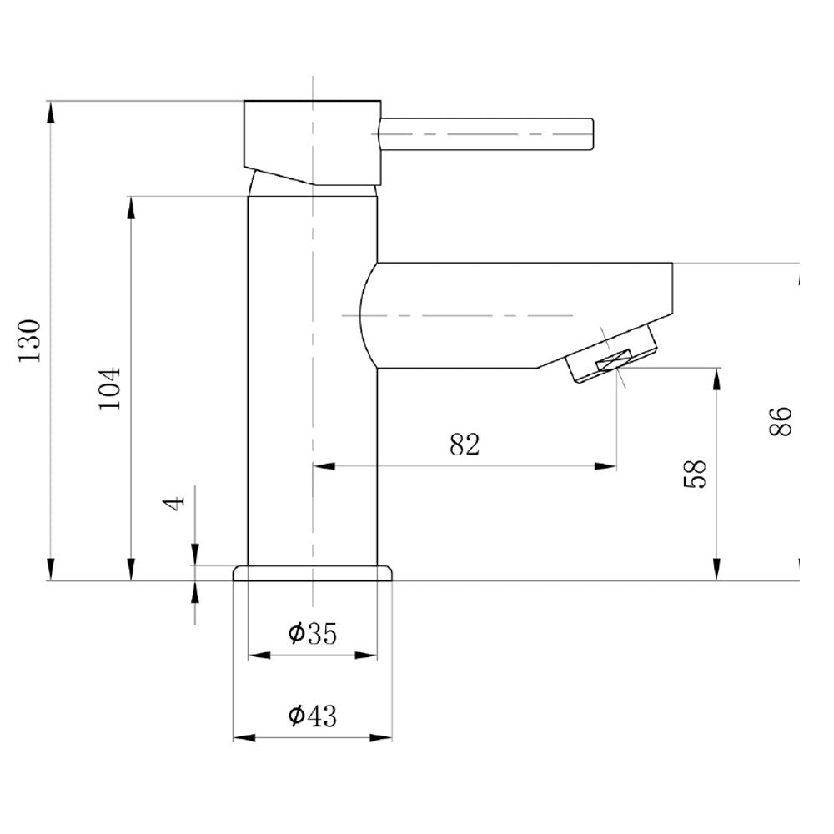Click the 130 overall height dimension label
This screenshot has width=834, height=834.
[30, 341]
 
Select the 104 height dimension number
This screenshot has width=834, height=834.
[110, 389]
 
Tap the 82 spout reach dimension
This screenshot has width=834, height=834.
[465, 445]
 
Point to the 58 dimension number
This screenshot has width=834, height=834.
[694, 474]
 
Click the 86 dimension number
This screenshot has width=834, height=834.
[781, 421]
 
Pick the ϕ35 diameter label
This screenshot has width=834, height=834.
[313, 633]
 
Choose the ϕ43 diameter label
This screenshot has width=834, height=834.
[313, 716]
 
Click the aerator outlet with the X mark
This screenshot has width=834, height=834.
[614, 361]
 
